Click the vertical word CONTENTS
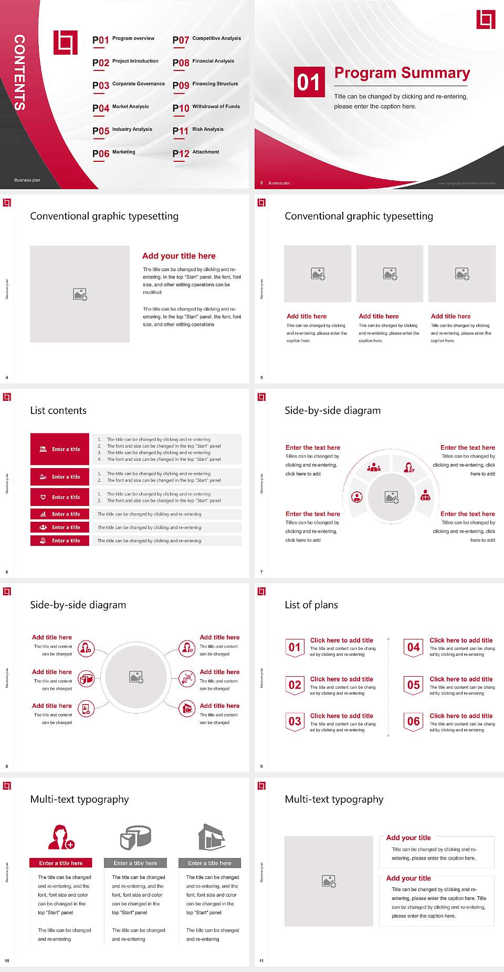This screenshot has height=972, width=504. coord(19,73)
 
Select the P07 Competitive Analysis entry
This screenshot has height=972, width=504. coord(206,39)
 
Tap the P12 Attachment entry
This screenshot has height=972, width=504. coord(196,153)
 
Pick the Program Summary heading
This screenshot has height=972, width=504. coord(402,73)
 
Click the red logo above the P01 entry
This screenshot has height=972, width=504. coord(66,43)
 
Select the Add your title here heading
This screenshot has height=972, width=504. coord(178,256)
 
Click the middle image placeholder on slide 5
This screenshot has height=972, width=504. coord(390,274)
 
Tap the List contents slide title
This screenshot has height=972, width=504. coord(58,410)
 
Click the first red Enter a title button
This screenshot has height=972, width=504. coord(60,449)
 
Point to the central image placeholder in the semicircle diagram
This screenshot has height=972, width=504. coord(391,497)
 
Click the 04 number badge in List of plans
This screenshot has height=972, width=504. coord(414,647)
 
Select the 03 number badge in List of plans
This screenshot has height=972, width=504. coord(295,721)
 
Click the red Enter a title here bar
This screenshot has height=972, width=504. coord(61,863)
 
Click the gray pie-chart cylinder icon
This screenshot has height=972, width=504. coord(135,837)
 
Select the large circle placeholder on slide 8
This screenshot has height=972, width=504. coord(136,677)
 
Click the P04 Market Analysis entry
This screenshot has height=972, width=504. coord(121,108)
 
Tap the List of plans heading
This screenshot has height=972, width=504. coord(311,605)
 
